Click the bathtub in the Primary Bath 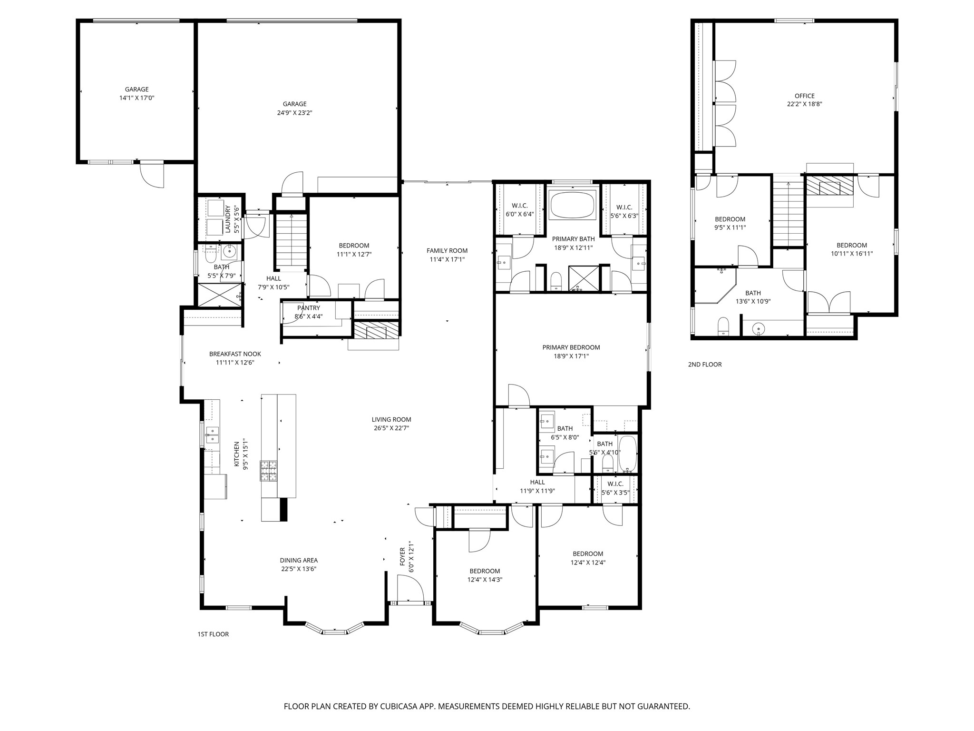pyautogui.click(x=572, y=205)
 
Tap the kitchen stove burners pyautogui.click(x=269, y=471)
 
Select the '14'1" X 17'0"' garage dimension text pyautogui.click(x=137, y=98)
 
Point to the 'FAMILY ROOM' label pyautogui.click(x=447, y=251)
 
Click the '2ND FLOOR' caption pyautogui.click(x=704, y=365)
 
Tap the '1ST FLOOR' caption pyautogui.click(x=213, y=634)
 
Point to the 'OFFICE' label pyautogui.click(x=804, y=96)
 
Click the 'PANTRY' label pyautogui.click(x=308, y=308)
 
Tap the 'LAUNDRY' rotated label pyautogui.click(x=228, y=219)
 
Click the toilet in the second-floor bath pyautogui.click(x=723, y=326)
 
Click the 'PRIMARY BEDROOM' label pyautogui.click(x=571, y=347)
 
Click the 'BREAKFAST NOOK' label pyautogui.click(x=235, y=354)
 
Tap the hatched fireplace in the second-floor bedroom pyautogui.click(x=829, y=185)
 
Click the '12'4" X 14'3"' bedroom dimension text pyautogui.click(x=485, y=580)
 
